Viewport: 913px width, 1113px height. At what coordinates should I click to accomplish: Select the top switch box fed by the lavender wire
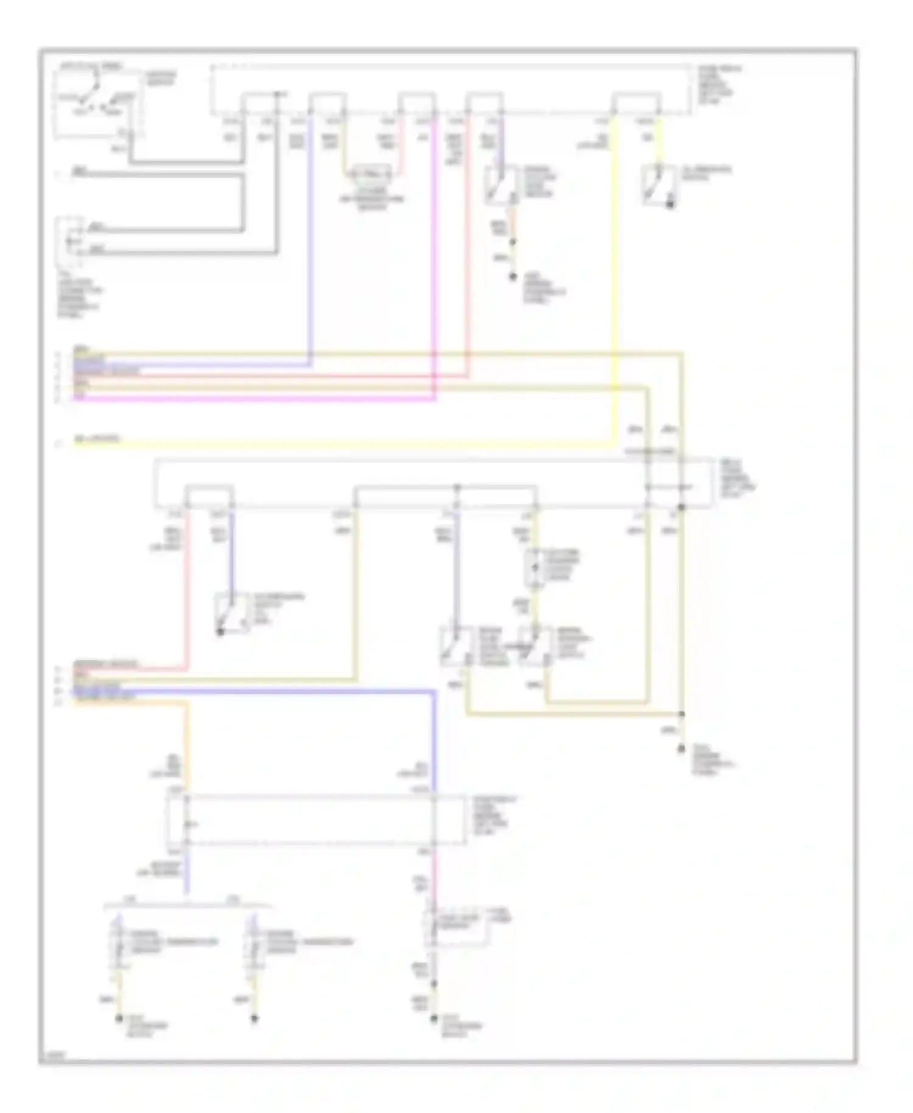click(x=501, y=184)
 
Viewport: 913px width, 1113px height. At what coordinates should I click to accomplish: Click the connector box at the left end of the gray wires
click(x=70, y=241)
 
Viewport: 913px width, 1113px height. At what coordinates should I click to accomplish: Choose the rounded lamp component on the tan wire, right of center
click(x=535, y=568)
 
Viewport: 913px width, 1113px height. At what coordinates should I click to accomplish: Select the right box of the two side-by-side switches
click(x=536, y=647)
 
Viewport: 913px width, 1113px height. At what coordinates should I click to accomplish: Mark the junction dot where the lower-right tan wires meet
click(x=682, y=714)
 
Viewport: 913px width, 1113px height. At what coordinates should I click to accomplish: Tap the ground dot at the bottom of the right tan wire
click(x=682, y=751)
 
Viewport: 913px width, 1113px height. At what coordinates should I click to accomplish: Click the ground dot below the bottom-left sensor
click(x=119, y=1017)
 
